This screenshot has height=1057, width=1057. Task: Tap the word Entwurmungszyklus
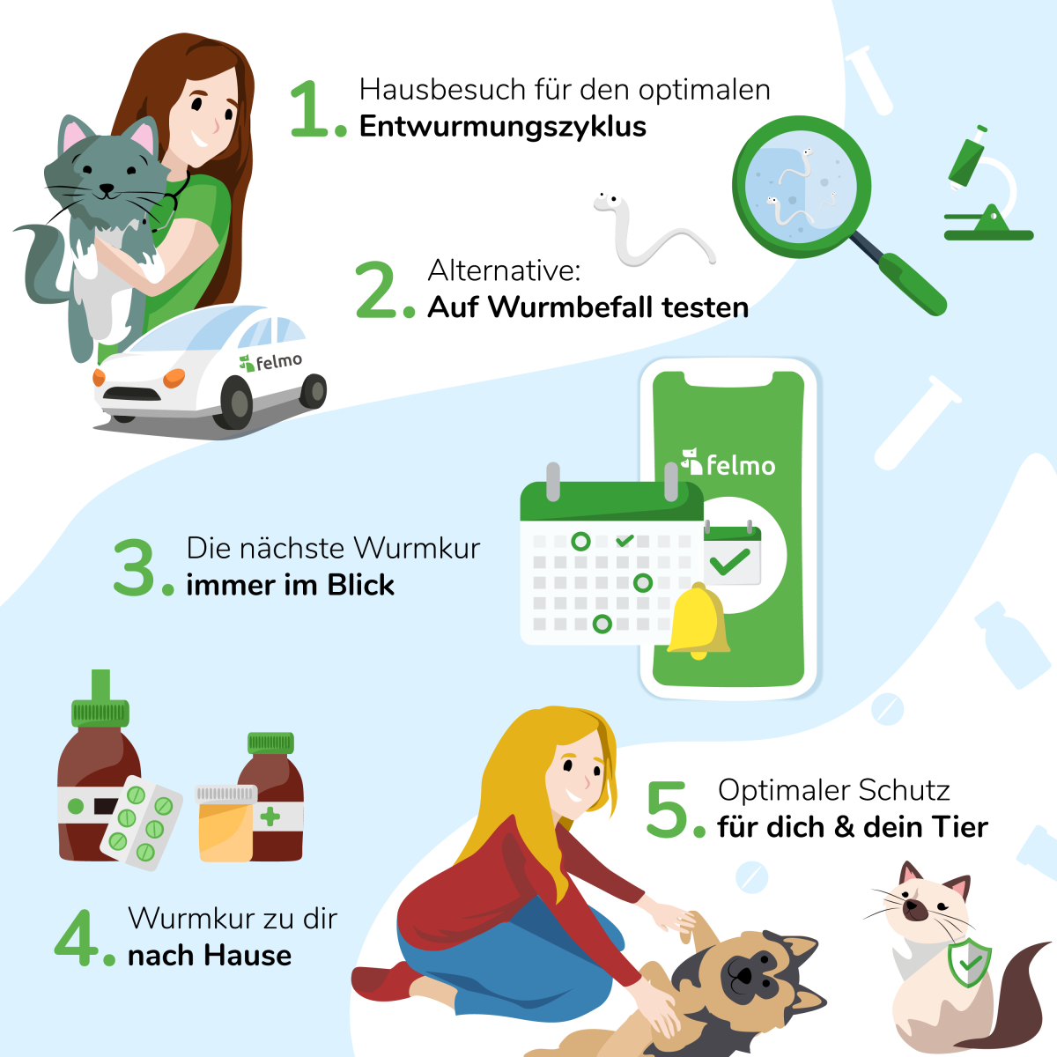[503, 127]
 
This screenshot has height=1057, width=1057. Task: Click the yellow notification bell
[698, 622]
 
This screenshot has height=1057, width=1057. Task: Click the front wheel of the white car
[235, 401]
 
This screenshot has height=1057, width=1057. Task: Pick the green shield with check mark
[969, 963]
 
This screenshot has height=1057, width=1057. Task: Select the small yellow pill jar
[225, 823]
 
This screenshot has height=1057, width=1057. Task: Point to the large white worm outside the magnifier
[647, 233]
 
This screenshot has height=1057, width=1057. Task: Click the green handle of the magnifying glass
[913, 284]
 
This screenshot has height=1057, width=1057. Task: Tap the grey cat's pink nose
[107, 188]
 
